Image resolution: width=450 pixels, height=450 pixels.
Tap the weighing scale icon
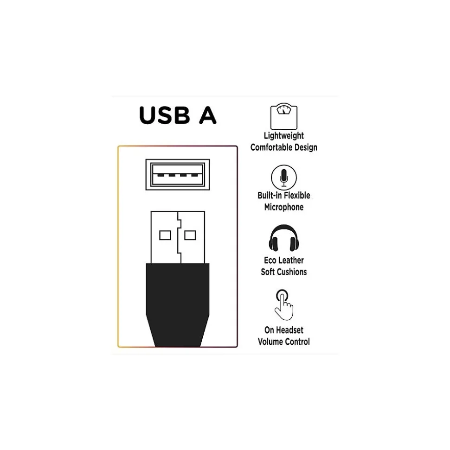[x=283, y=117]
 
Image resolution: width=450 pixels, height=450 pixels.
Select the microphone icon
[x=283, y=177]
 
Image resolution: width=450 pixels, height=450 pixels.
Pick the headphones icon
[x=283, y=239]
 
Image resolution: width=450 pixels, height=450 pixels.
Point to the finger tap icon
[x=283, y=304]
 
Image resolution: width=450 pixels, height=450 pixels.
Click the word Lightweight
[x=284, y=136]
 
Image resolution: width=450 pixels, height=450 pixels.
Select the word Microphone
[x=284, y=207]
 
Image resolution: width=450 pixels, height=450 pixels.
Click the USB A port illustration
[x=178, y=174]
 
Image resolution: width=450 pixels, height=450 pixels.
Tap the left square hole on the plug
[x=165, y=235]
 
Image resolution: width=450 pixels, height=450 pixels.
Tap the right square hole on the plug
[x=190, y=235]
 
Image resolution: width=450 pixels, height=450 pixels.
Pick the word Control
[x=297, y=342]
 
